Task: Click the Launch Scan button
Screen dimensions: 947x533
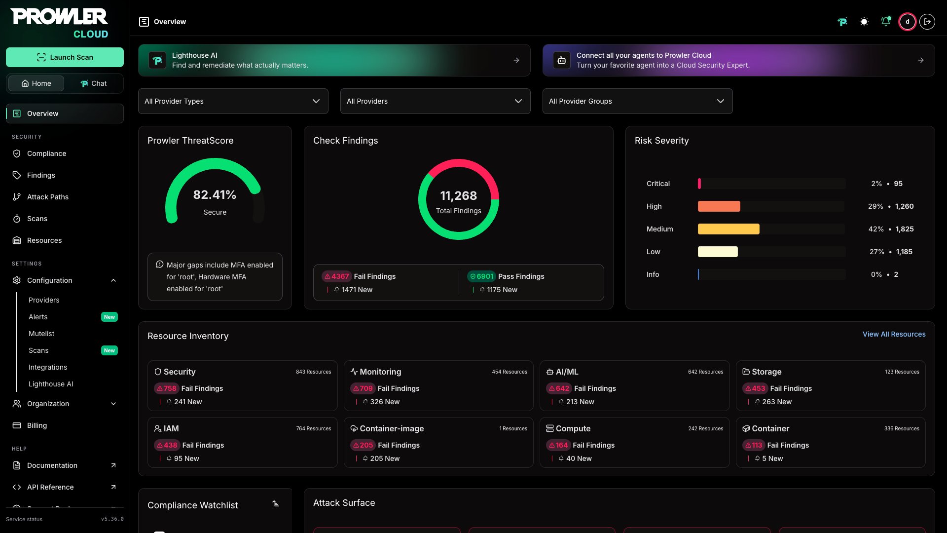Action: pyautogui.click(x=65, y=57)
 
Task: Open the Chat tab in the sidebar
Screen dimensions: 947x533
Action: pyautogui.click(x=94, y=83)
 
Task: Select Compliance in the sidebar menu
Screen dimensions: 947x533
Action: pyautogui.click(x=46, y=153)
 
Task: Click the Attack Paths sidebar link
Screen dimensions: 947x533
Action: pyautogui.click(x=48, y=197)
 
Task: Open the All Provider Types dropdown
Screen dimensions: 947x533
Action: pyautogui.click(x=233, y=101)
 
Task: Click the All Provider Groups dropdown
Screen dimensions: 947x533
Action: pyautogui.click(x=637, y=101)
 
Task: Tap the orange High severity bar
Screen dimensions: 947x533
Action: pyautogui.click(x=719, y=206)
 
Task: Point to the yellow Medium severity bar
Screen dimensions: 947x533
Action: pyautogui.click(x=728, y=229)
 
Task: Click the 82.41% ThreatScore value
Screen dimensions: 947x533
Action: pyautogui.click(x=215, y=195)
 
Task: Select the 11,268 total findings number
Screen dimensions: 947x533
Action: pyautogui.click(x=459, y=196)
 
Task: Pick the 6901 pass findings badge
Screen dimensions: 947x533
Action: pyautogui.click(x=481, y=276)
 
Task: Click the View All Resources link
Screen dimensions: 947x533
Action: pyautogui.click(x=894, y=334)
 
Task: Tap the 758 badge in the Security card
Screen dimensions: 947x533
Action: pyautogui.click(x=166, y=388)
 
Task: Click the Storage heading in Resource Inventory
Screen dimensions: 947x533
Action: pyautogui.click(x=766, y=372)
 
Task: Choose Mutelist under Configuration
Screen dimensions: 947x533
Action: pyautogui.click(x=41, y=334)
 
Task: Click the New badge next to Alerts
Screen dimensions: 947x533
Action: pyautogui.click(x=109, y=317)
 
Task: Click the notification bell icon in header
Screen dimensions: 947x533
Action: pyautogui.click(x=886, y=22)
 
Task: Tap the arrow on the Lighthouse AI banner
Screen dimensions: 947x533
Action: pyautogui.click(x=516, y=60)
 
